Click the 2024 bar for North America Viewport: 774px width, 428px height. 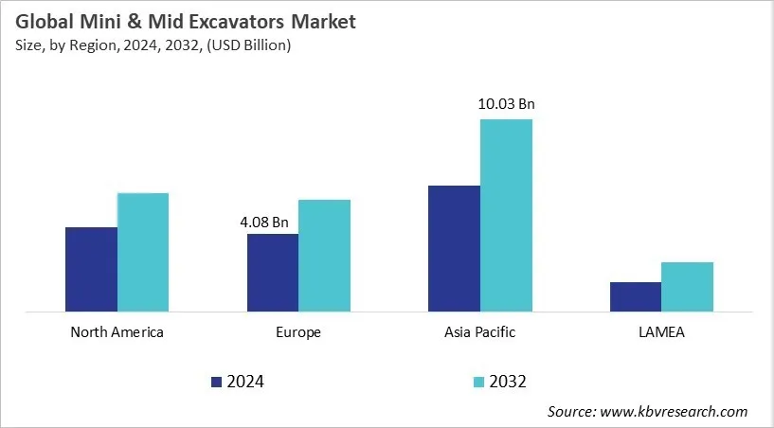[91, 269]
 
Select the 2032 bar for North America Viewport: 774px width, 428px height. [143, 252]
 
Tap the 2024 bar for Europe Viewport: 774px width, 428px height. [273, 273]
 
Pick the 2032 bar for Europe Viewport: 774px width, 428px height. [325, 255]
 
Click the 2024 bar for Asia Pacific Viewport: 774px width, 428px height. [454, 248]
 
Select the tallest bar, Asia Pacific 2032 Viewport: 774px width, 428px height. [506, 215]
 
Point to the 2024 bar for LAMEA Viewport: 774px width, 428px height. [636, 296]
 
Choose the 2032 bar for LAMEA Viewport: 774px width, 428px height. [688, 286]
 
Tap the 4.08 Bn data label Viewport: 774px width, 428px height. [265, 222]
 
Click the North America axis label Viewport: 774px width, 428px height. [117, 332]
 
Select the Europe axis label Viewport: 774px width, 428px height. [298, 332]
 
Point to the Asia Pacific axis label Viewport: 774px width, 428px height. [480, 332]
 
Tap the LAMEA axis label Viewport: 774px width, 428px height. [661, 332]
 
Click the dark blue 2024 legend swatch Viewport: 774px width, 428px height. [216, 382]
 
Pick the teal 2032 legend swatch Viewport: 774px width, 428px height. [478, 382]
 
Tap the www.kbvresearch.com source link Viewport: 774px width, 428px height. [675, 411]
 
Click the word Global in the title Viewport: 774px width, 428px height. [46, 22]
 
